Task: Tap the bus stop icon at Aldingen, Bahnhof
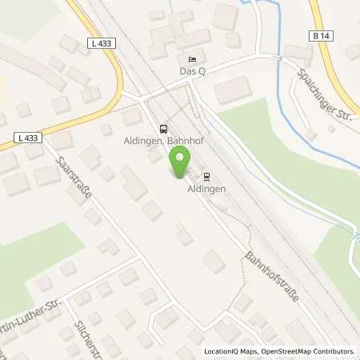click(x=164, y=129)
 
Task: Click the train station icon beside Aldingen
click(x=206, y=176)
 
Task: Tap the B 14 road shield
click(x=318, y=35)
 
